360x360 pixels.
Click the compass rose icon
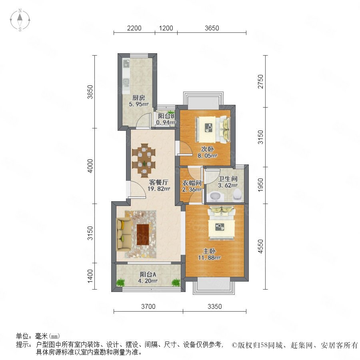pos(20,20)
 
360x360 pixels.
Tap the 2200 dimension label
pos(134,28)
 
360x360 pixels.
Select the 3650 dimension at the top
pos(212,28)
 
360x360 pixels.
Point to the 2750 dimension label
pos(260,82)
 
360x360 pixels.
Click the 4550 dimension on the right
pos(260,246)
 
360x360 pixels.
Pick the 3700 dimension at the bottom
pos(148,306)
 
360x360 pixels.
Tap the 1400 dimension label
pos(90,276)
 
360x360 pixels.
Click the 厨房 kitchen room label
pos(139,98)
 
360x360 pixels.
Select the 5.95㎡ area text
pos(139,104)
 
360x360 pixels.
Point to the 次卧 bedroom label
pos(207,149)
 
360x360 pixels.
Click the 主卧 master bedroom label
pos(209,251)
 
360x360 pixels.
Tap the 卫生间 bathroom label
pos(228,179)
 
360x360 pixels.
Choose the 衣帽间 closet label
pos(192,183)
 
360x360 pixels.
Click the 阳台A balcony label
pos(148,274)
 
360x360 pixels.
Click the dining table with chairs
pos(144,160)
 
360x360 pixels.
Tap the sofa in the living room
pos(124,234)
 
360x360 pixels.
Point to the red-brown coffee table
pos(142,234)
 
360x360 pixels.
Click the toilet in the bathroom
pos(237,195)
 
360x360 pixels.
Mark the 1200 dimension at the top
pos(166,28)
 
